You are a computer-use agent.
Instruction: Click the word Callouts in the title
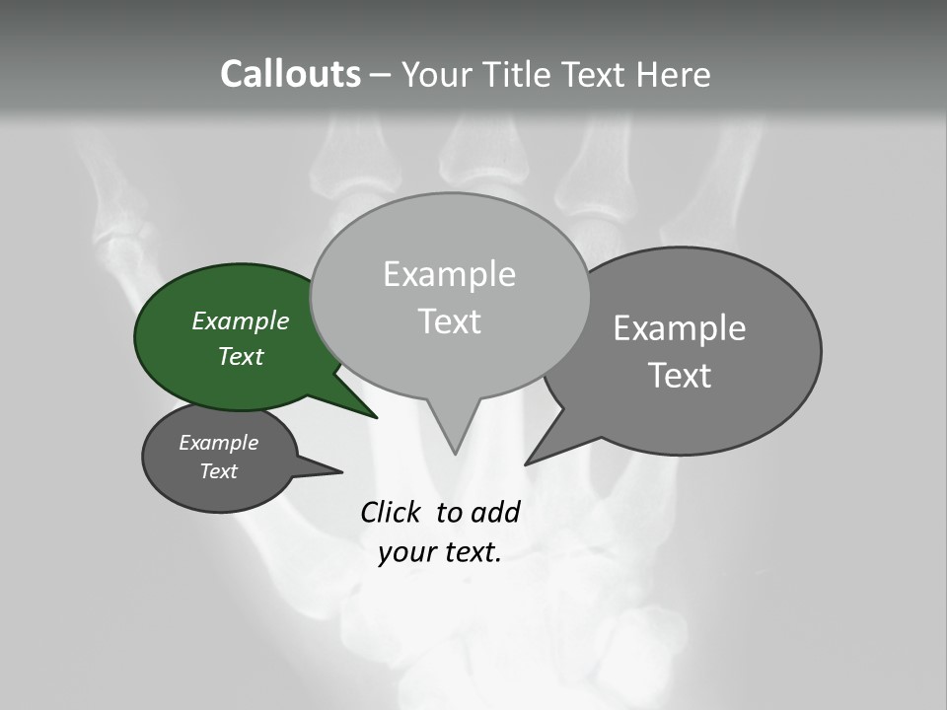[290, 74]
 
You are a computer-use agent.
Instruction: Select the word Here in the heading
[671, 74]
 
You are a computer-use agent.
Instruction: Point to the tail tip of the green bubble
[376, 417]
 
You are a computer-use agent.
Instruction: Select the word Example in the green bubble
[241, 321]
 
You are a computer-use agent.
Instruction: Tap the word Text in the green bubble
[241, 357]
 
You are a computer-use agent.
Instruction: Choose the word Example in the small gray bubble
[218, 443]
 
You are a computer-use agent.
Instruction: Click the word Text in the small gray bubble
[218, 471]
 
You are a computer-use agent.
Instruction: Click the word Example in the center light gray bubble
[449, 274]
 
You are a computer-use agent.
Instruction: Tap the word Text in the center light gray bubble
[449, 321]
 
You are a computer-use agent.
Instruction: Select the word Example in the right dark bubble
[680, 328]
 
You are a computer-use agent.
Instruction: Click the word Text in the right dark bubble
[680, 376]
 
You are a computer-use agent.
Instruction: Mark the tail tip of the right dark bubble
[527, 462]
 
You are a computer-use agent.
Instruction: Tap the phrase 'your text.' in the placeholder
[440, 553]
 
